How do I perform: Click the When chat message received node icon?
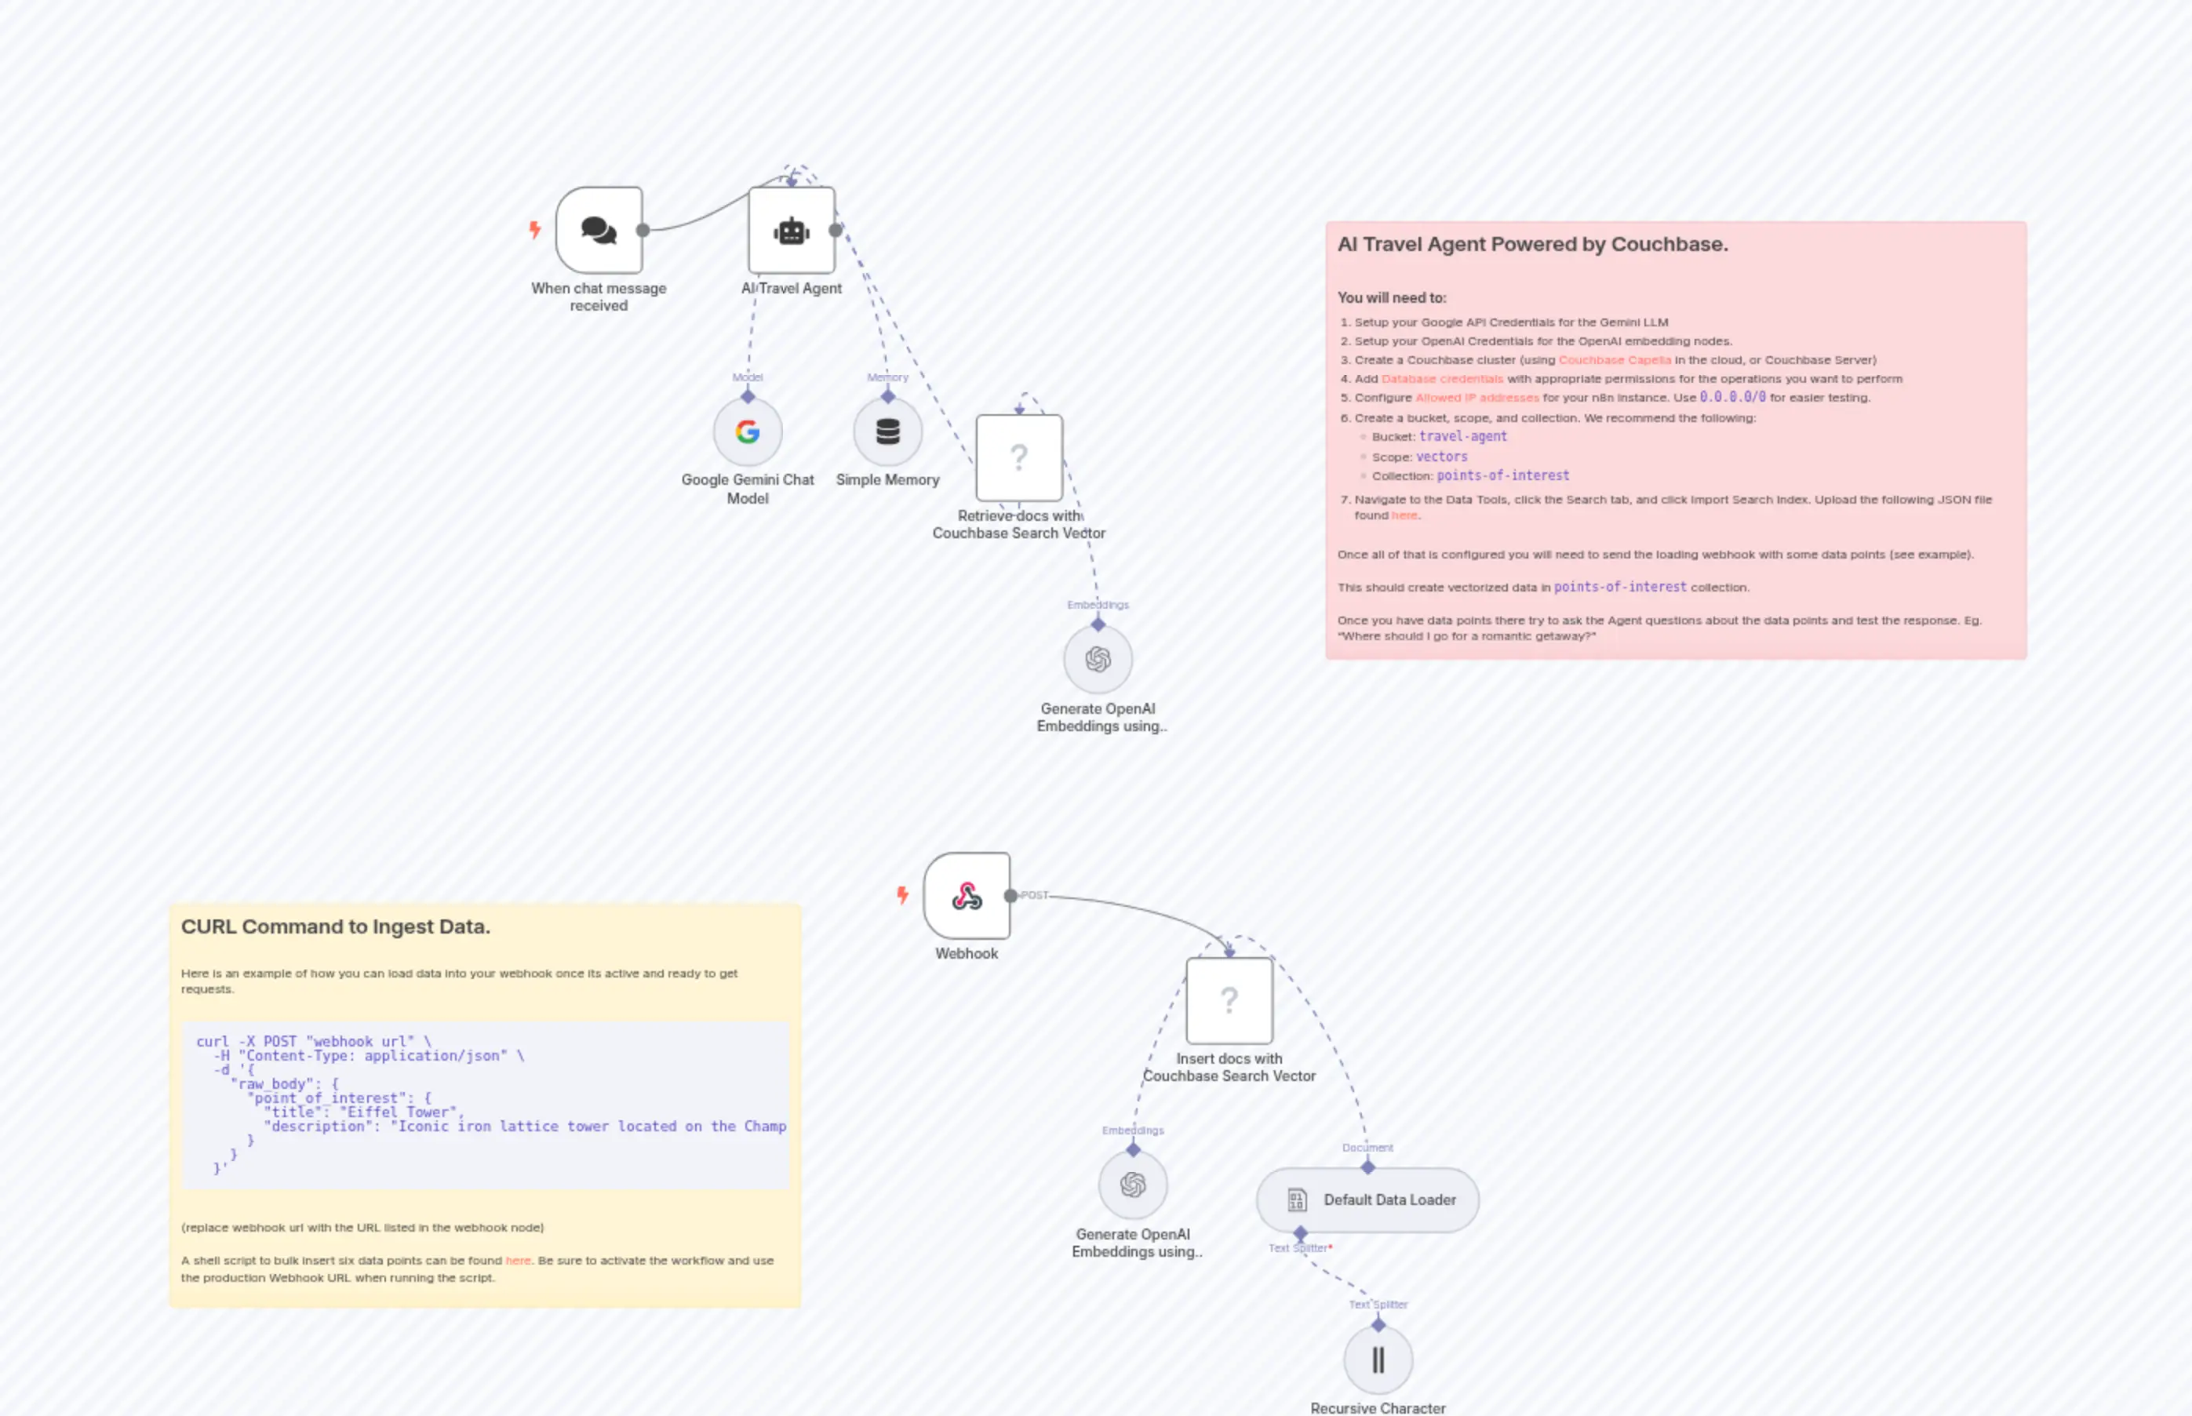click(x=599, y=230)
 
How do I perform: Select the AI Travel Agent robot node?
click(x=792, y=230)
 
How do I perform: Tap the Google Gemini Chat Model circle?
click(x=748, y=431)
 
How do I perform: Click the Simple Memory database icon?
click(x=887, y=431)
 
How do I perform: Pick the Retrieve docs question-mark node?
click(x=1019, y=458)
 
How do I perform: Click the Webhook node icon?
click(x=967, y=896)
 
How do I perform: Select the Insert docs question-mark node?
click(x=1229, y=1000)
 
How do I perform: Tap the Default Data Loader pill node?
click(x=1367, y=1200)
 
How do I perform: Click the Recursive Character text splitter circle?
click(x=1378, y=1360)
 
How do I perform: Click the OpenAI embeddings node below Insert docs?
click(x=1133, y=1185)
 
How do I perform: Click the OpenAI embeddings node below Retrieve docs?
click(x=1098, y=659)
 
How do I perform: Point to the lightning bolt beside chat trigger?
click(x=534, y=230)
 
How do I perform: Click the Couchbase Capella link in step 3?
click(x=1615, y=360)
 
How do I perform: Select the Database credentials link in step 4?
click(x=1442, y=379)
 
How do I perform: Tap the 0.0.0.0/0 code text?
click(x=1732, y=397)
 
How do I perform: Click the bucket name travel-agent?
click(x=1463, y=437)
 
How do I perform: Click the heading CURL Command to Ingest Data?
click(x=336, y=926)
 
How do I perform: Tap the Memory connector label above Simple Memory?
click(x=887, y=377)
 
